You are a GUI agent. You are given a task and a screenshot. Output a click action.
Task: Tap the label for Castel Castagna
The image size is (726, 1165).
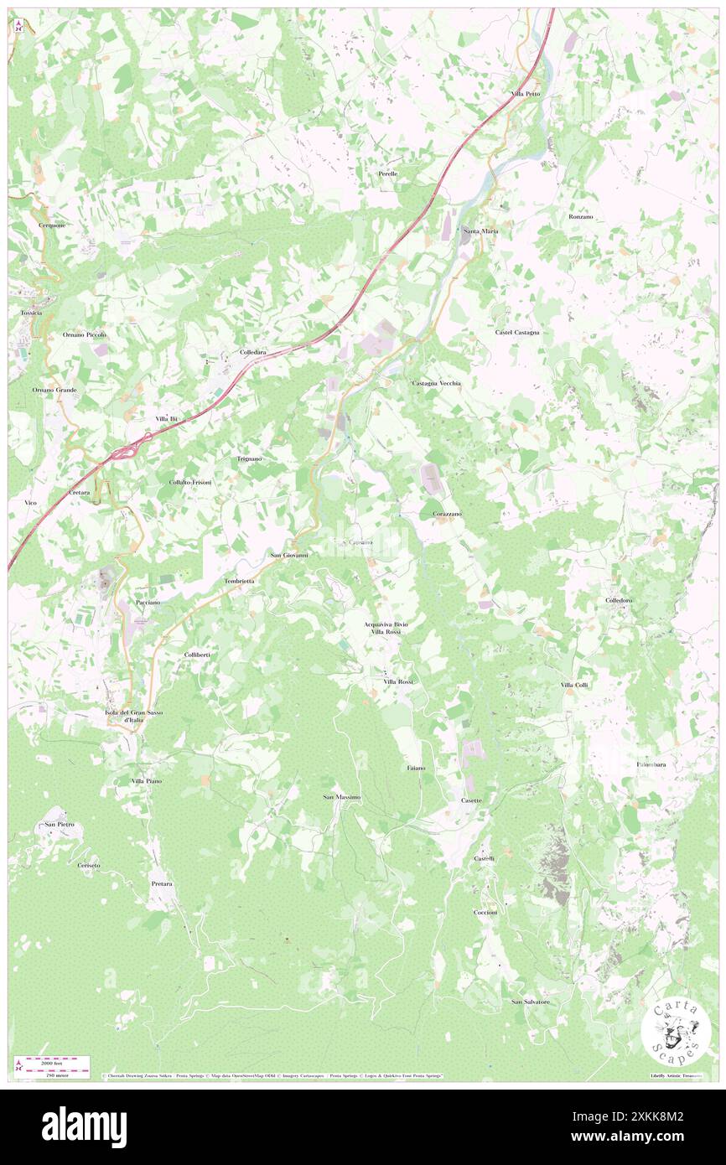(516, 333)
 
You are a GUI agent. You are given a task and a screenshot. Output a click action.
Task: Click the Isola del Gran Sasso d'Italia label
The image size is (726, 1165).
(133, 715)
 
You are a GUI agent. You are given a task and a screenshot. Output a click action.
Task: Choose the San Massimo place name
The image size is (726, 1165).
(341, 797)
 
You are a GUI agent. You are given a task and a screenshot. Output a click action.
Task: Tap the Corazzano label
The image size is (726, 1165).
(447, 513)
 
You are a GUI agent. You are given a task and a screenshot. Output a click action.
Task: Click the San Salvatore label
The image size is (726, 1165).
(531, 1002)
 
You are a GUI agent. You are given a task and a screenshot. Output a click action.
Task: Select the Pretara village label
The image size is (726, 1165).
(162, 884)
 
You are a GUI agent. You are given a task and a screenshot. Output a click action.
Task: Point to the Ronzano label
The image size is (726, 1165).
(580, 217)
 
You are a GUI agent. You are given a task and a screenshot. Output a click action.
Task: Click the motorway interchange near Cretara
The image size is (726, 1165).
(123, 453)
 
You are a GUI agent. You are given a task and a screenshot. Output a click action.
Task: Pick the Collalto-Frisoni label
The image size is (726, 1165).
(190, 484)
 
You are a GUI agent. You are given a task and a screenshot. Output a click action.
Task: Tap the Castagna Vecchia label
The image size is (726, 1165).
(436, 383)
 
